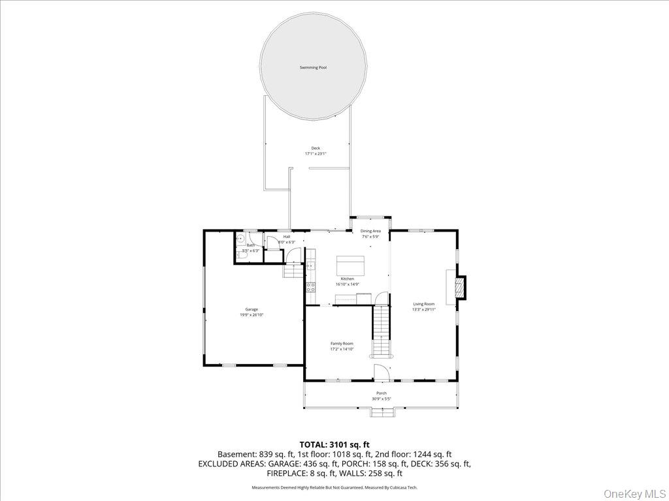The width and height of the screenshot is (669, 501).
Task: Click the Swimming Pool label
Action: [313, 68]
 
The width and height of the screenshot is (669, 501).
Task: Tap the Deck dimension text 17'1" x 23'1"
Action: [316, 154]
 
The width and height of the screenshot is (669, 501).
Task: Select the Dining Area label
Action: [370, 231]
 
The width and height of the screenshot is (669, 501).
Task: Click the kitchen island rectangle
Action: [351, 266]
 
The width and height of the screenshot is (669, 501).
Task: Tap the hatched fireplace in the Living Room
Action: [461, 287]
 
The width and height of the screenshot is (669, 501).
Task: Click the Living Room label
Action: [423, 304]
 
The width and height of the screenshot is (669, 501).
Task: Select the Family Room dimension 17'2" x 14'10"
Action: [342, 350]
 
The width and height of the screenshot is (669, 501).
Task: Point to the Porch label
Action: [381, 393]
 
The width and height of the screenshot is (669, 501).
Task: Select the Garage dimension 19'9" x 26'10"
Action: [252, 315]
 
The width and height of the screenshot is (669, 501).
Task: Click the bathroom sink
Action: [240, 239]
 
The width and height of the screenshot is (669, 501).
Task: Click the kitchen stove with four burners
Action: [311, 286]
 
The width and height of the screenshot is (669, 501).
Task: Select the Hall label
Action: [287, 236]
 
